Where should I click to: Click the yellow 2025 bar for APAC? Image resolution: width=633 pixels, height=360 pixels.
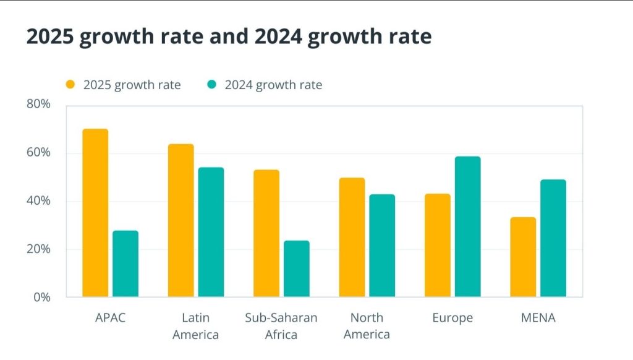point(95,213)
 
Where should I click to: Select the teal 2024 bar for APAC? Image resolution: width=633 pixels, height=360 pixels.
point(125,264)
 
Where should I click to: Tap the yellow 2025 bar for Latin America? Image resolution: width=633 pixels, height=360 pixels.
point(181,220)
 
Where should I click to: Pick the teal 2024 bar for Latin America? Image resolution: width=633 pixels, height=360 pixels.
point(211,232)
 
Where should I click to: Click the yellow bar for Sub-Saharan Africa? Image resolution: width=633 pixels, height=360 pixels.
point(266,233)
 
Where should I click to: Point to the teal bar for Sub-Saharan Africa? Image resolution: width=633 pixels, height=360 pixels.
point(296,268)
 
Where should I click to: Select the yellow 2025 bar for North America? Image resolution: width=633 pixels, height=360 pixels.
point(352,237)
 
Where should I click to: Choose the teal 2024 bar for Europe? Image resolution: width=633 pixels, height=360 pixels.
point(467,226)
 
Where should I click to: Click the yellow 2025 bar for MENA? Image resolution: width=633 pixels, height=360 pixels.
point(523,257)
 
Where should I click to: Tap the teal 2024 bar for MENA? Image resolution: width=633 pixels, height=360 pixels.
point(553,238)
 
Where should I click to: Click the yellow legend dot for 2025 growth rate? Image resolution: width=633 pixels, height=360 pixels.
point(70,85)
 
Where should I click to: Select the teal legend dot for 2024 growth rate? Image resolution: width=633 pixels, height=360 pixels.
point(212,85)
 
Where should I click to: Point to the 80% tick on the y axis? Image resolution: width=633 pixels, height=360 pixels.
point(38,104)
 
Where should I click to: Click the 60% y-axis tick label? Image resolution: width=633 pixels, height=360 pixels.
point(38,152)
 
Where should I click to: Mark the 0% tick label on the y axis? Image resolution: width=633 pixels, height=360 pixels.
point(41,298)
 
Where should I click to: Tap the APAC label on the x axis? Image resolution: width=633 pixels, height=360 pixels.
point(110,318)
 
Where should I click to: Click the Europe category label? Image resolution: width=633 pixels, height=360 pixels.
point(452,318)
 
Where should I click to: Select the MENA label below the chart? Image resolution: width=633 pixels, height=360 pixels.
point(538,318)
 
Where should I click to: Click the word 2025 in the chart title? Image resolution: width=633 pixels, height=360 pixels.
point(51,36)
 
